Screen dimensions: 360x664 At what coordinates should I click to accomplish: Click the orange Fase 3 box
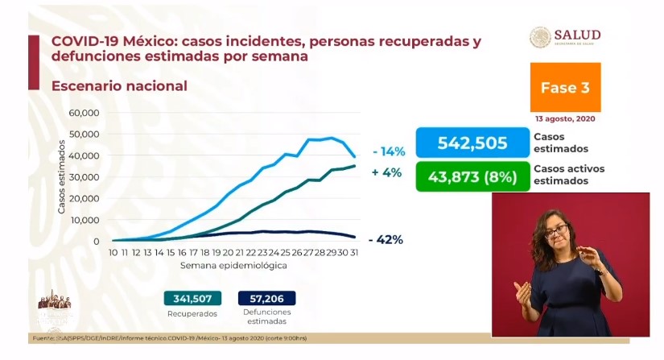[x=565, y=87]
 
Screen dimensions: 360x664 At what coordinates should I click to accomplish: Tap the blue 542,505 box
[x=472, y=143]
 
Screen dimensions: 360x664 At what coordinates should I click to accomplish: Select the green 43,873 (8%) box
[x=472, y=176]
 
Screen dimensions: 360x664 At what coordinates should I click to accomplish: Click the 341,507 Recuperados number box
[x=192, y=297]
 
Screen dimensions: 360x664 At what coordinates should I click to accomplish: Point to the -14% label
[x=388, y=151]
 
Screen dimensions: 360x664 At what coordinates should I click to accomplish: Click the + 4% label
[x=387, y=172]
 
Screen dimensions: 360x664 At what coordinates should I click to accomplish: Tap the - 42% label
[x=386, y=239]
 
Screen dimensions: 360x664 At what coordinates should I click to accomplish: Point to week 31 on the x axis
[x=355, y=252]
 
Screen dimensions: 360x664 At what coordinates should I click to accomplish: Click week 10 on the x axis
[x=114, y=252]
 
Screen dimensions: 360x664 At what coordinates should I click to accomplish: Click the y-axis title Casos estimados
[x=62, y=176]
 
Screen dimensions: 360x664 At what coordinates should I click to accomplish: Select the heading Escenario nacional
[x=119, y=85]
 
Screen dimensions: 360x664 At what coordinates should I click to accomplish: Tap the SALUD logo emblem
[x=540, y=38]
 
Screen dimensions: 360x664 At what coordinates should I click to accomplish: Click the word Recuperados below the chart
[x=192, y=312]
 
